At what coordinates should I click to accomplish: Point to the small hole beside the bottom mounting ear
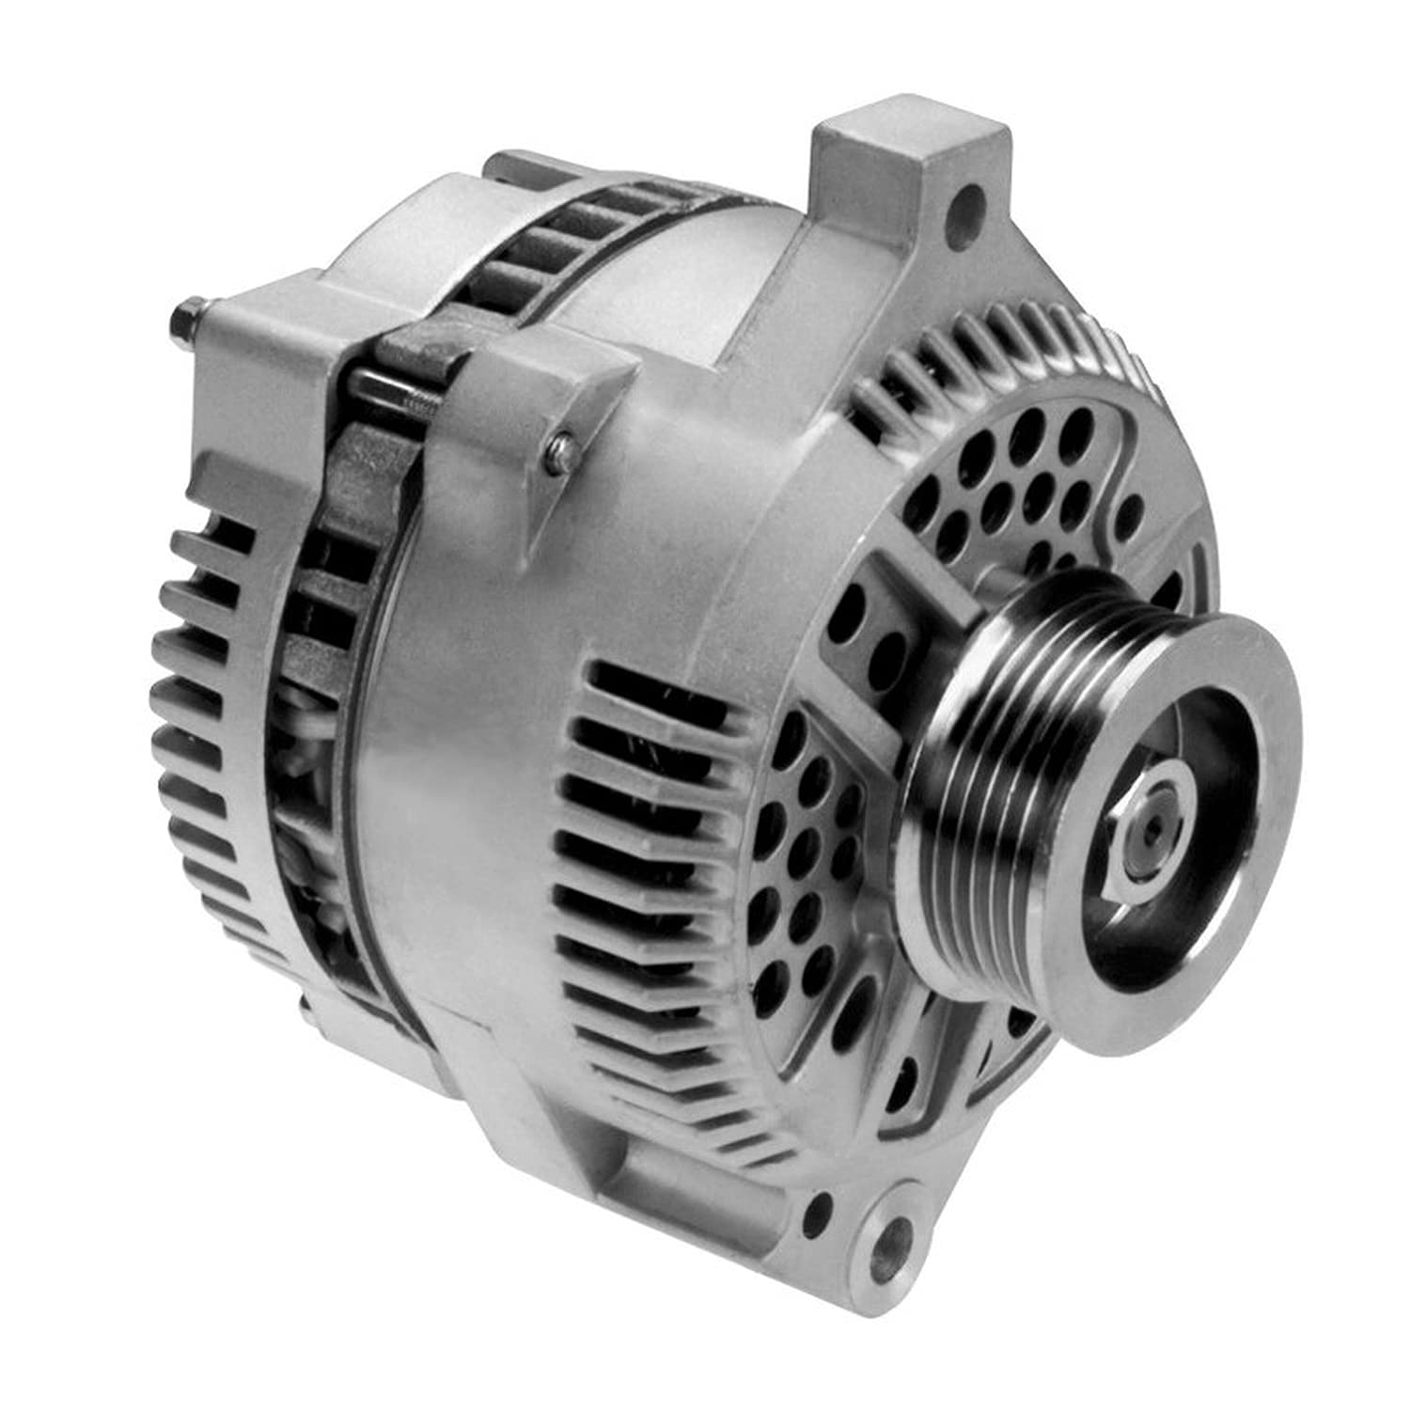[x=821, y=1207]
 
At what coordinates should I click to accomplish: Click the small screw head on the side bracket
[x=561, y=443]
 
